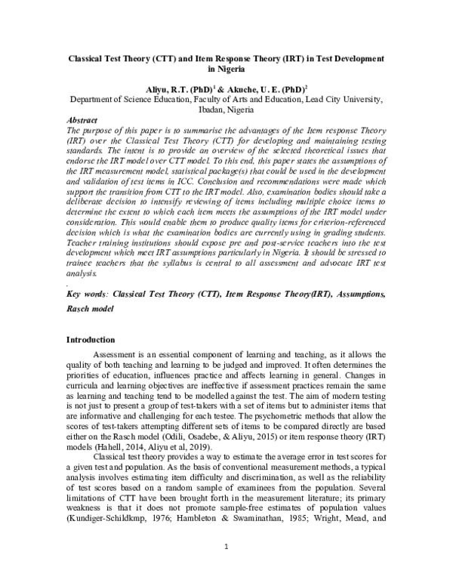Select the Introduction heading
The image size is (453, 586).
click(91, 340)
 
